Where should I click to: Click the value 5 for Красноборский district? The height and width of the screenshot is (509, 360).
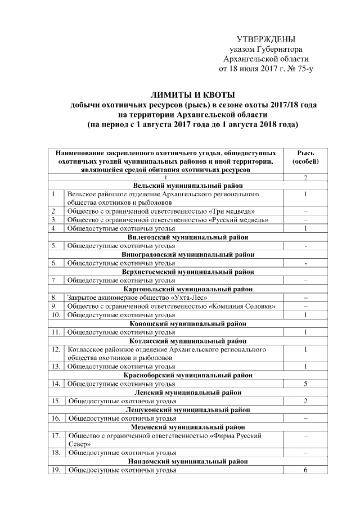[305, 384]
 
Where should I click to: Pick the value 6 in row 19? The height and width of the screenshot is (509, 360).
[305, 470]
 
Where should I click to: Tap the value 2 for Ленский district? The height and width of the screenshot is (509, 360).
[305, 401]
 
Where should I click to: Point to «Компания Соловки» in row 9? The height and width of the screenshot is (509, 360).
[242, 306]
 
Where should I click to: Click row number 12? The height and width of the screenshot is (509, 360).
[56, 349]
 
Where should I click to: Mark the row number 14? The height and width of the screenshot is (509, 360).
[56, 384]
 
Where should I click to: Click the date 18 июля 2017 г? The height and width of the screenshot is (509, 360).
[249, 69]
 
